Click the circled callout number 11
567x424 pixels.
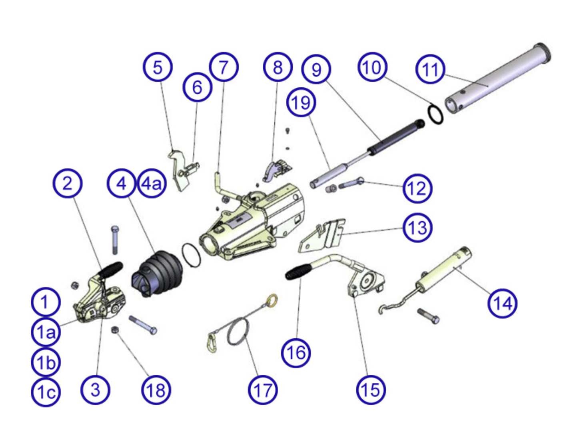[x=430, y=69]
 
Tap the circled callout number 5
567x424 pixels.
[x=158, y=67]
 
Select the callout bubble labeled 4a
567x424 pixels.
[x=152, y=184]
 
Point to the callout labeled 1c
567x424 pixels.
[x=46, y=392]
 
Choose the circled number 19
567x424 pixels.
[x=301, y=102]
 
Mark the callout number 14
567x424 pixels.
[x=502, y=303]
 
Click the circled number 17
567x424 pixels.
[x=263, y=390]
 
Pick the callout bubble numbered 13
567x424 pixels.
[x=417, y=228]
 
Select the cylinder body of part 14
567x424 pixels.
[x=444, y=269]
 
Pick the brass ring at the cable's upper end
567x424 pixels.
[x=273, y=299]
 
